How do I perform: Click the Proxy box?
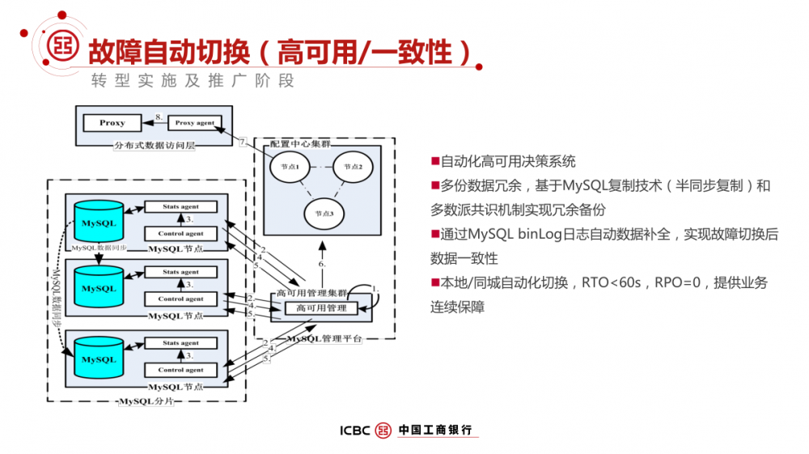[x=112, y=123]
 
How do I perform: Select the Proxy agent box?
[x=195, y=123]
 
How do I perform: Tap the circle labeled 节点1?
[x=289, y=167]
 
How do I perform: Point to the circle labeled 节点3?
[x=323, y=213]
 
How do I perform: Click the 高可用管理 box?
[x=321, y=308]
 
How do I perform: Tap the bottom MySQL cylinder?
[x=99, y=359]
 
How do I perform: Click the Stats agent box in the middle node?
[x=180, y=273]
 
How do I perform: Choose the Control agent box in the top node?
[x=180, y=234]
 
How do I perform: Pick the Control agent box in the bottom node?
[x=180, y=370]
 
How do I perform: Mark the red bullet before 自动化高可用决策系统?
[x=435, y=162]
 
